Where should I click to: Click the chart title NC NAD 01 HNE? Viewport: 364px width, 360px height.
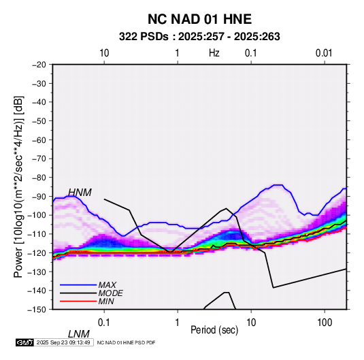pyautogui.click(x=199, y=19)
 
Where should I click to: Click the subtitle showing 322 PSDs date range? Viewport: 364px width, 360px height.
pyautogui.click(x=199, y=37)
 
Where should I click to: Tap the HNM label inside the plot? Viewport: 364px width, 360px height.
pyautogui.click(x=80, y=193)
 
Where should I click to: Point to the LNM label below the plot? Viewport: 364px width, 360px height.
pyautogui.click(x=79, y=334)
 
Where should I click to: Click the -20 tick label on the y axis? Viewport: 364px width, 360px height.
pyautogui.click(x=39, y=65)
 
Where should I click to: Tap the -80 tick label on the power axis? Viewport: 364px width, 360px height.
pyautogui.click(x=39, y=178)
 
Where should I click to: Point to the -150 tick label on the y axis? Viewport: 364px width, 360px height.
pyautogui.click(x=37, y=310)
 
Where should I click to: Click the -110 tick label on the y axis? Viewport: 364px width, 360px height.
pyautogui.click(x=37, y=234)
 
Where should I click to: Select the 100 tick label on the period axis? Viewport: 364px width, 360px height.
pyautogui.click(x=325, y=323)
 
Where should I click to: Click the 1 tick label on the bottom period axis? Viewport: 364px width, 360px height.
pyautogui.click(x=178, y=323)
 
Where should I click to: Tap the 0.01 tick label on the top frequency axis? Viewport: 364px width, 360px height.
pyautogui.click(x=324, y=53)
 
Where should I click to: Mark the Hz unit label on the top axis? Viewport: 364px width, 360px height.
pyautogui.click(x=214, y=53)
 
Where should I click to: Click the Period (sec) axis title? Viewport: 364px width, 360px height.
pyautogui.click(x=214, y=330)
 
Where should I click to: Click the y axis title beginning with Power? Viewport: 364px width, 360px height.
pyautogui.click(x=18, y=186)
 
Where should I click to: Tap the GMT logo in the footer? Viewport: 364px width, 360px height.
pyautogui.click(x=24, y=342)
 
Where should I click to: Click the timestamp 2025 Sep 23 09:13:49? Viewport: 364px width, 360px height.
pyautogui.click(x=63, y=342)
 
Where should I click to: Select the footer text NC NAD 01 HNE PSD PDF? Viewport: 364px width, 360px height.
pyautogui.click(x=126, y=342)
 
